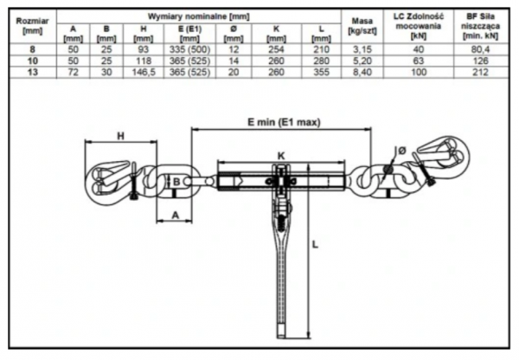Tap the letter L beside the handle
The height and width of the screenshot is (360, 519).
[316, 247]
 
